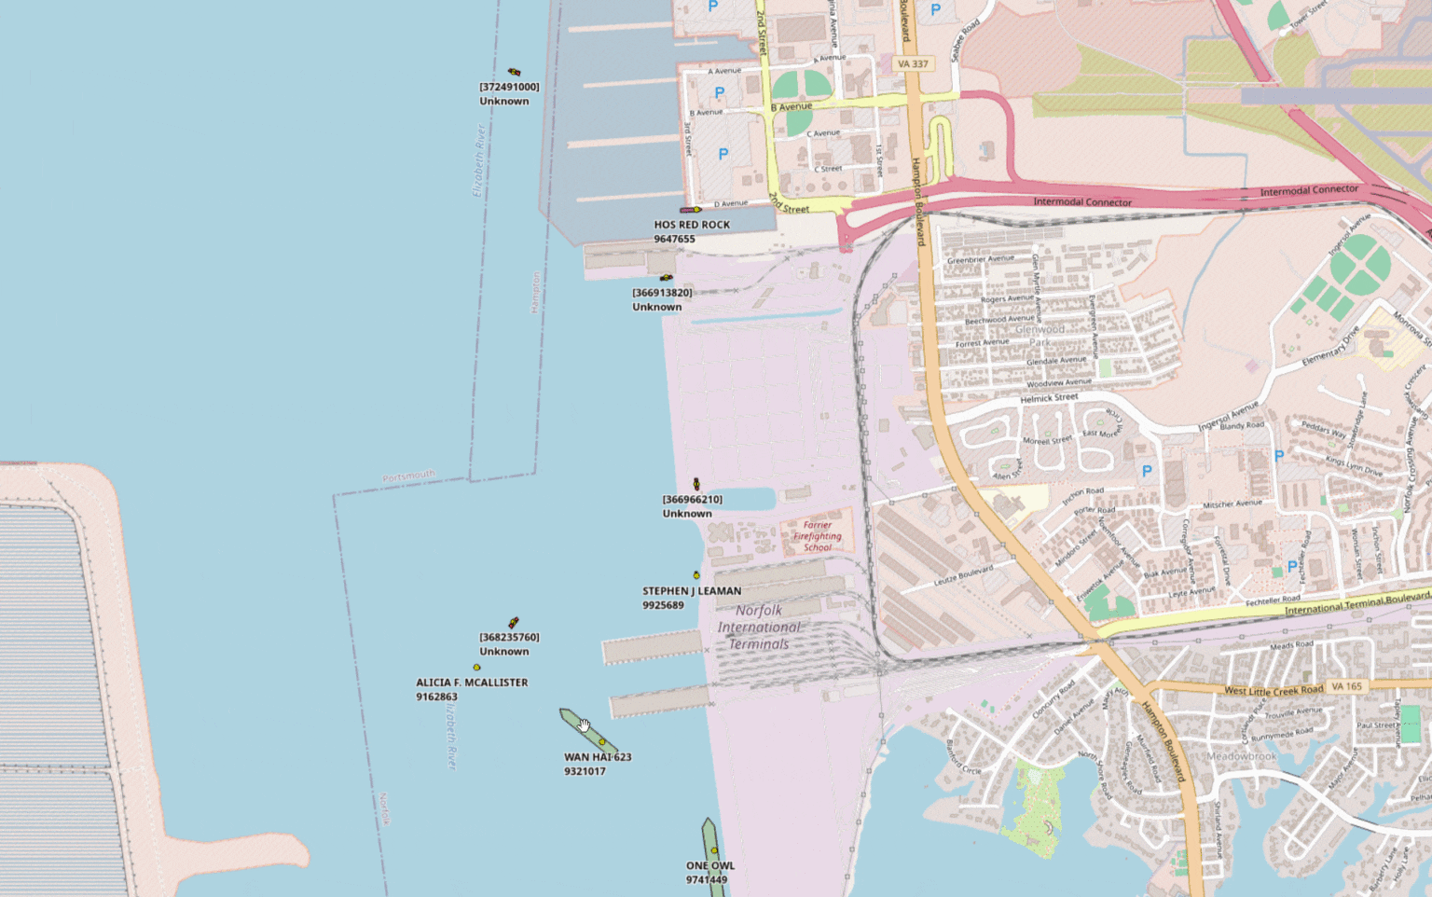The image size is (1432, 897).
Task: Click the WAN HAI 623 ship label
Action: coord(598,757)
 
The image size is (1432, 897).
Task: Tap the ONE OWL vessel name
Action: coord(710,865)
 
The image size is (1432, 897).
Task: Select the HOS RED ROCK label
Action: coord(692,225)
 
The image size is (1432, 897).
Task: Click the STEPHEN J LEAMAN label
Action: coord(692,591)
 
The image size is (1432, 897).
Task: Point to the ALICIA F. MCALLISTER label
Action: coord(472,683)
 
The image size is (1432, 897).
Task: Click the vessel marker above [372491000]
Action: coord(514,72)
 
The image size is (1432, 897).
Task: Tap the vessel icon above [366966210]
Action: coord(696,484)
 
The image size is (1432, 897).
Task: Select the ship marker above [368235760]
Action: coord(513,623)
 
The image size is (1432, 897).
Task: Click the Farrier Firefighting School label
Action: coord(818,536)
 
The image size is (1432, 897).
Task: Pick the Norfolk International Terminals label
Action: coord(759,627)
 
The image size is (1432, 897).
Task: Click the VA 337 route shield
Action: coord(913,63)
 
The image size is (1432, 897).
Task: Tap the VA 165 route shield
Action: coord(1346,686)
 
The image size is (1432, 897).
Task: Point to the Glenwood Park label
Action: coord(1040,335)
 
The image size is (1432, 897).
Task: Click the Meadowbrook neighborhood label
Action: coord(1242,756)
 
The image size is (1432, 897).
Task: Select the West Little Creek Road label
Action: coord(1273,691)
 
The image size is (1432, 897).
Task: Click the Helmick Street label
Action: coord(1049,398)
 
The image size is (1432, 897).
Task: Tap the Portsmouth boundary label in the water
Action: coord(408,476)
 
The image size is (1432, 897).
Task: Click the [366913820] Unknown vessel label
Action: coord(662,293)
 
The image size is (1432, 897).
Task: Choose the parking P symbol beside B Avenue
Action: coord(719,93)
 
